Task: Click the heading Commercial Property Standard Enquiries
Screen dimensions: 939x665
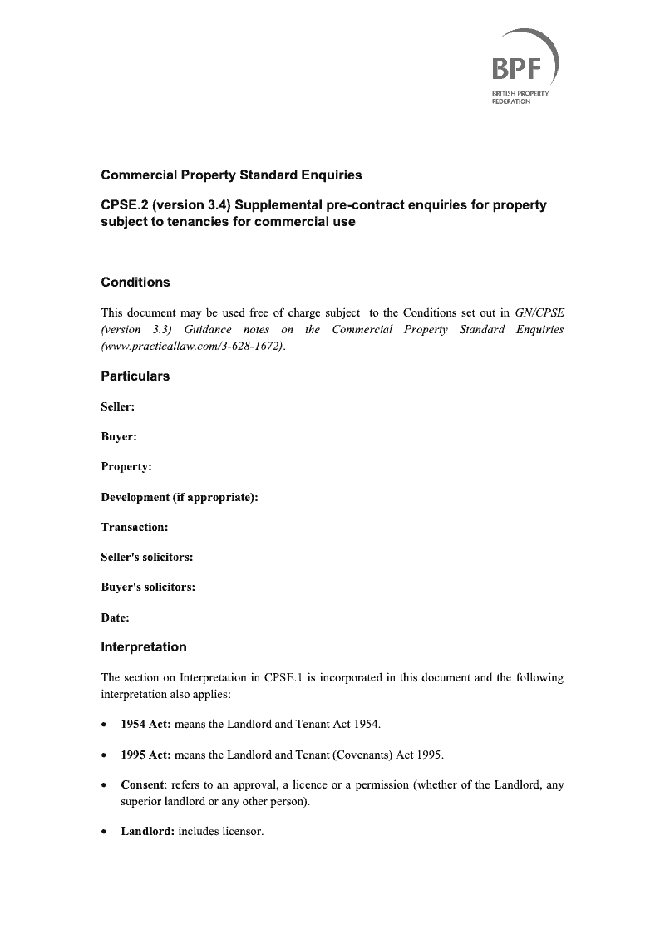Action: pos(231,175)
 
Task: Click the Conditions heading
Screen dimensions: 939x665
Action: pos(135,283)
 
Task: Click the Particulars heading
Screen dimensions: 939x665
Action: pos(135,376)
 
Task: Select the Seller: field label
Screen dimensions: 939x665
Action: pos(118,407)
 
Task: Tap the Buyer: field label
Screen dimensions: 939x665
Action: pos(119,437)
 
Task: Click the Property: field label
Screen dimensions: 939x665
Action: pos(126,467)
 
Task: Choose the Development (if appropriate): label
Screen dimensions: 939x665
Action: pos(180,497)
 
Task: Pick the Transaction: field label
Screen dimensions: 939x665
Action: pos(135,527)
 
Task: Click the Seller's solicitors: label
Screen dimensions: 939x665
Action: pos(147,557)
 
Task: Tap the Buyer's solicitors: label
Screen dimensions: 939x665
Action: pos(148,587)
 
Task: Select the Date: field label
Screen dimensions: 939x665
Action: pos(116,617)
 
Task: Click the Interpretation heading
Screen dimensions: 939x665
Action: pos(144,647)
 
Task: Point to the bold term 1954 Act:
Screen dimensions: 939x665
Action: pos(146,725)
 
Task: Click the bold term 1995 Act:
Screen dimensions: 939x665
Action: pos(146,755)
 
